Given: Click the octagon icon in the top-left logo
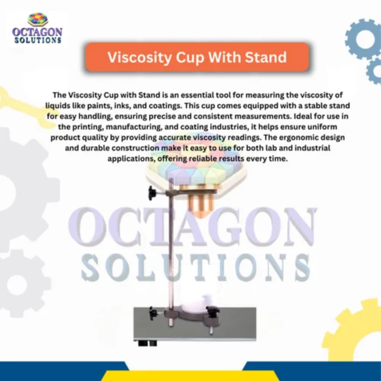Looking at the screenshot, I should point(38,19).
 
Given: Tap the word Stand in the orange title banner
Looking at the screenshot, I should point(265,57).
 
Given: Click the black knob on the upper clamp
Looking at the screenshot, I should point(152,192).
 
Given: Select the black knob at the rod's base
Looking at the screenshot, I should point(153,313).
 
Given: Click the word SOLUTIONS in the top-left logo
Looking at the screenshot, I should point(38,40).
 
